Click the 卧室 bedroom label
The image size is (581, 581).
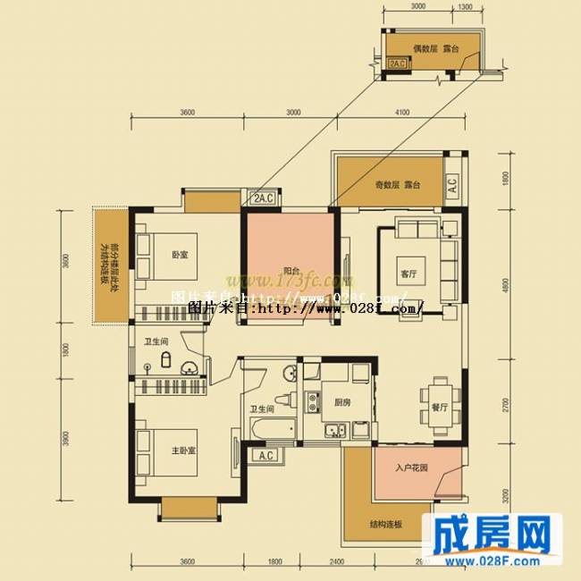[181, 255]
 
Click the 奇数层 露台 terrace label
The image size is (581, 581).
[398, 185]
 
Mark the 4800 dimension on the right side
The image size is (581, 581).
[505, 286]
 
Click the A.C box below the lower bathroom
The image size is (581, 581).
[265, 456]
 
